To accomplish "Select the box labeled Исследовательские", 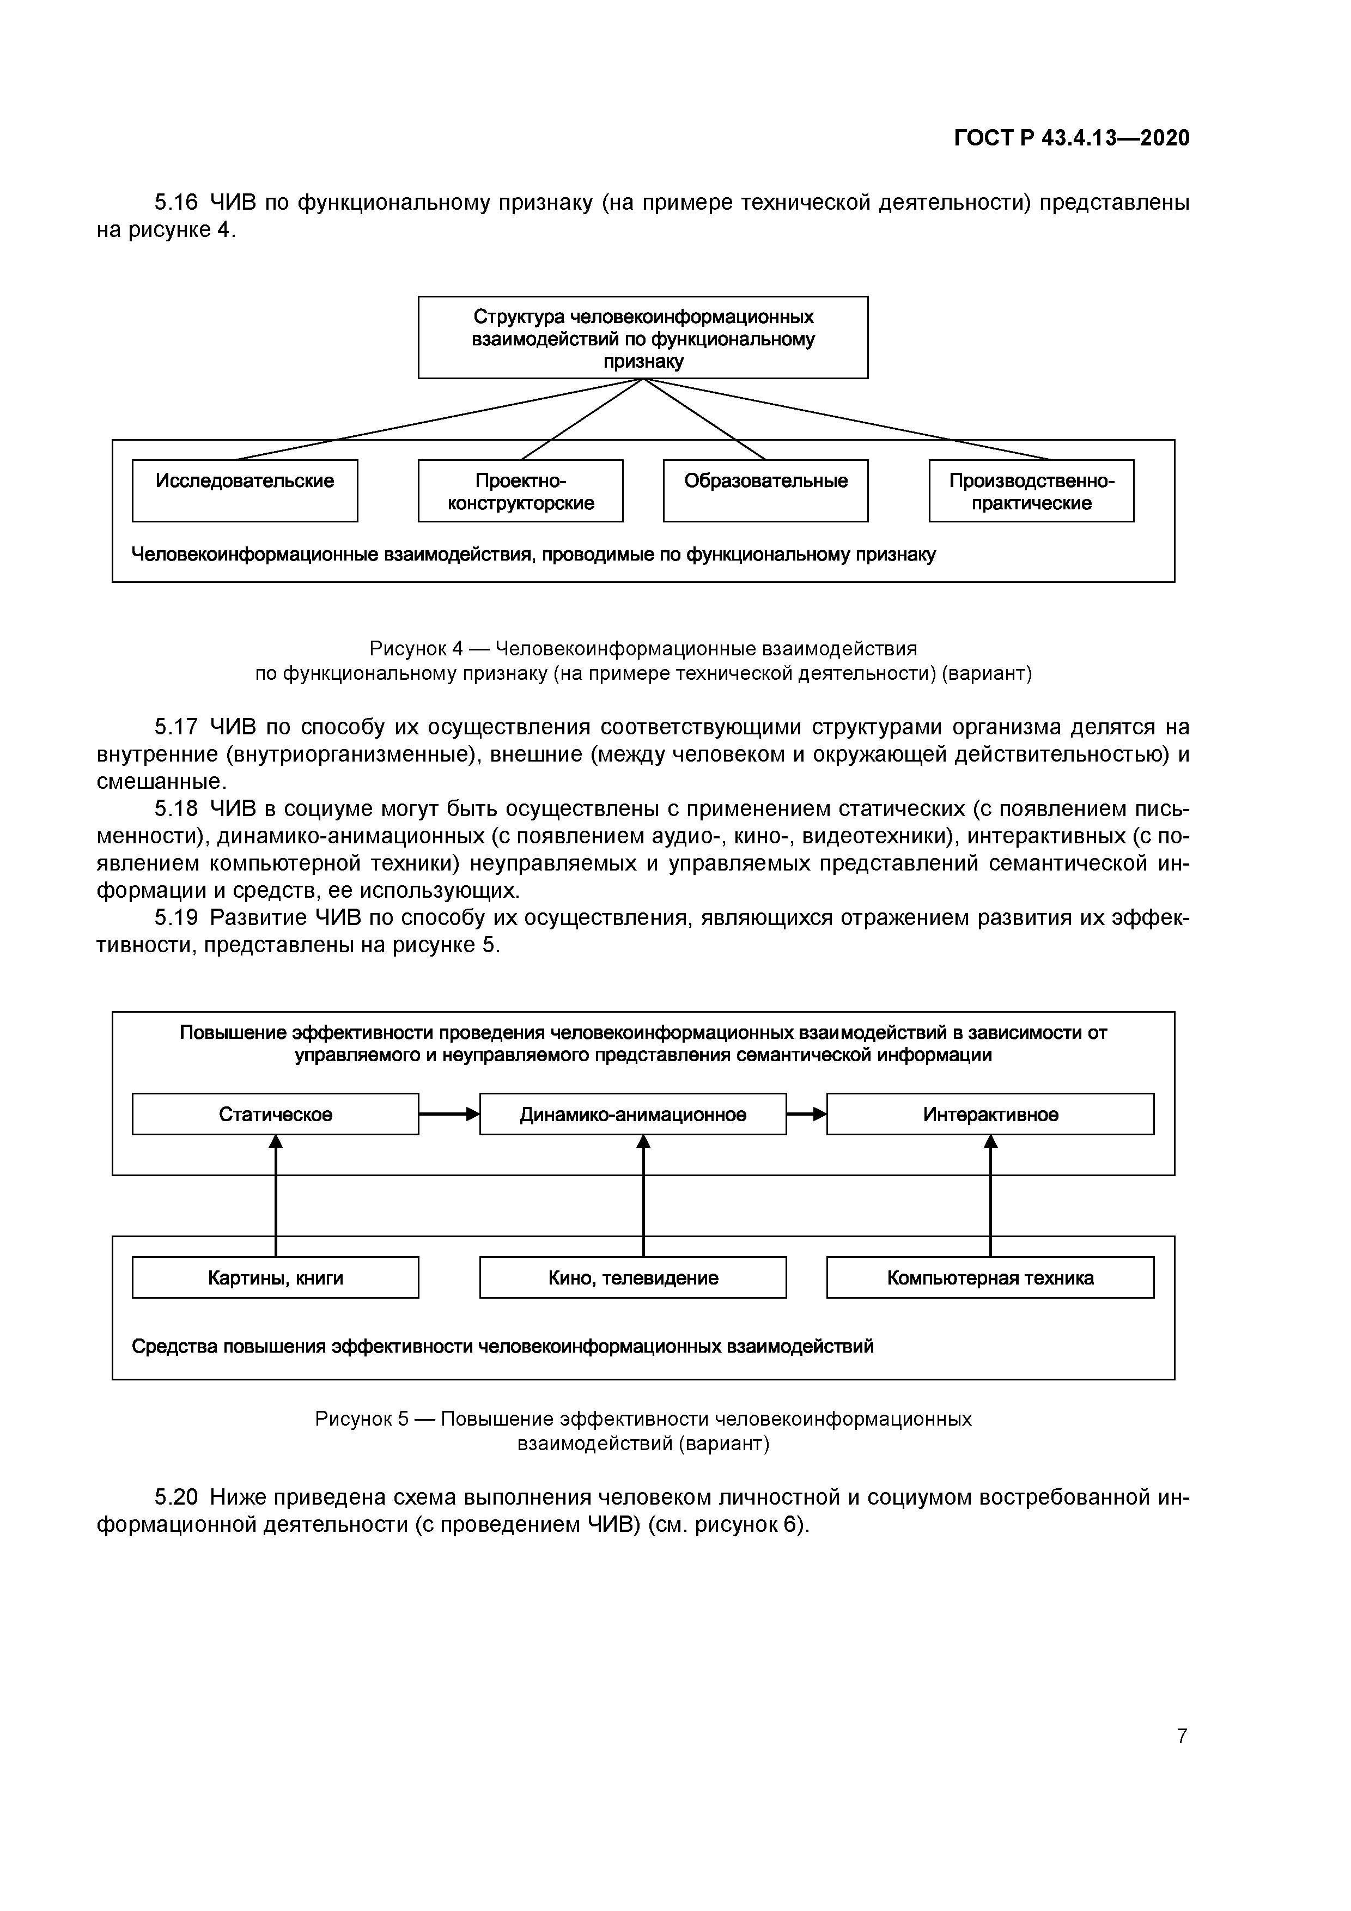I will (245, 490).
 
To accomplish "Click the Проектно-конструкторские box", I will (520, 491).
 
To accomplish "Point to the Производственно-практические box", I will (1031, 491).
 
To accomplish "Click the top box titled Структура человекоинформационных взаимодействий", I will (643, 338).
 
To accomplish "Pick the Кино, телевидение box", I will (632, 1277).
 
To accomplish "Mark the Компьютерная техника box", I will (990, 1277).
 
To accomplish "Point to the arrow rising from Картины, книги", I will (276, 1198).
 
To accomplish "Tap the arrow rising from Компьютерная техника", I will (990, 1198).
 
